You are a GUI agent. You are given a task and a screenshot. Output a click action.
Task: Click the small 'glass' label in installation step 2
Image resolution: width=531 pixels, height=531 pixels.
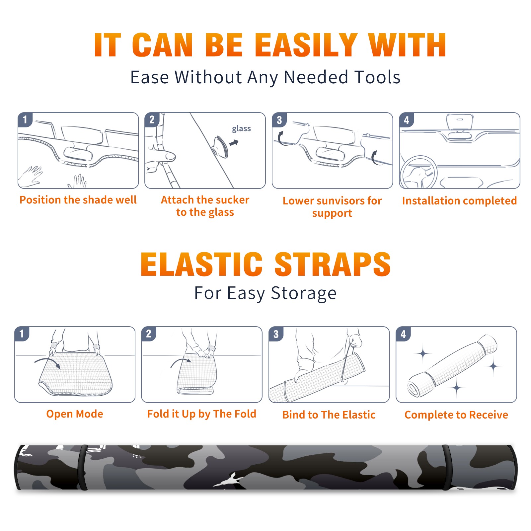[x=241, y=129]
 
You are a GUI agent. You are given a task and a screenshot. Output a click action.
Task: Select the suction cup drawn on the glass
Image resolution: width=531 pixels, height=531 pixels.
[x=221, y=146]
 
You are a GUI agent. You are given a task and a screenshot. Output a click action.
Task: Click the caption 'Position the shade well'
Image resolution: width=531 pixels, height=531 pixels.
[x=78, y=200]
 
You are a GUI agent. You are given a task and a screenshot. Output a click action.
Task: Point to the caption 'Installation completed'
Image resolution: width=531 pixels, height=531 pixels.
[x=459, y=200]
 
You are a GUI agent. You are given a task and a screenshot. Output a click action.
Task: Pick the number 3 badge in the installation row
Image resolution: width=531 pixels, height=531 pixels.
[x=279, y=120]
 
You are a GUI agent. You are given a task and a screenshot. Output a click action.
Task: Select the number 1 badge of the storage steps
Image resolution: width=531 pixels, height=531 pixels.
[x=22, y=334]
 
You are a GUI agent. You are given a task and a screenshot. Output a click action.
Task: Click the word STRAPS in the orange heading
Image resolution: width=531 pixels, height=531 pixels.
[x=333, y=264]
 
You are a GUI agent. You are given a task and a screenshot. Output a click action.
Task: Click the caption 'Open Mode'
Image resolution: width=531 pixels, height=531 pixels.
[x=75, y=414]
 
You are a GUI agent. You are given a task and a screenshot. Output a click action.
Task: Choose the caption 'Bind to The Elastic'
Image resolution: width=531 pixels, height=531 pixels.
[x=329, y=415]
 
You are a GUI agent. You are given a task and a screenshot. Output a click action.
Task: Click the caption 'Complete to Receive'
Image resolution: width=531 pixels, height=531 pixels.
[x=456, y=415]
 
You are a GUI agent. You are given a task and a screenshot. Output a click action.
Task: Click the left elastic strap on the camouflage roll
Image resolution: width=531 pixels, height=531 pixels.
[x=83, y=467]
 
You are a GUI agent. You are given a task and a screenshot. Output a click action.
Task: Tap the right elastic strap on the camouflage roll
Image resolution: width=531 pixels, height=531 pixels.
[x=447, y=467]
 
